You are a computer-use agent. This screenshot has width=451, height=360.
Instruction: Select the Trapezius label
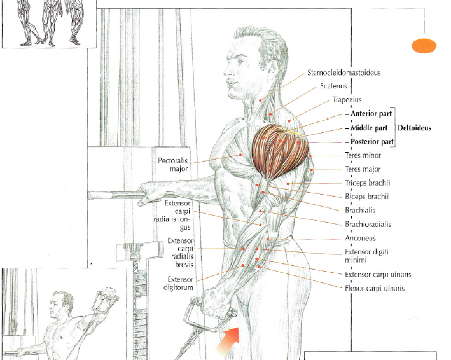pyautogui.click(x=347, y=100)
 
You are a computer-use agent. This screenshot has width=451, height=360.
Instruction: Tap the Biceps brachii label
pyautogui.click(x=366, y=197)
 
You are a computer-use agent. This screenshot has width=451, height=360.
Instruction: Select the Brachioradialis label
pyautogui.click(x=368, y=224)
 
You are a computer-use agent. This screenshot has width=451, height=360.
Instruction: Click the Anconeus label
pyautogui.click(x=360, y=238)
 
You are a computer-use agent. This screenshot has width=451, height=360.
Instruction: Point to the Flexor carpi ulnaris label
pyautogui.click(x=375, y=288)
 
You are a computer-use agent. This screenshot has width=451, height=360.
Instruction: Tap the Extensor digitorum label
pyautogui.click(x=180, y=283)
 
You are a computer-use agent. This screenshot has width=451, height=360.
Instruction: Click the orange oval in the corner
pyautogui.click(x=424, y=45)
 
